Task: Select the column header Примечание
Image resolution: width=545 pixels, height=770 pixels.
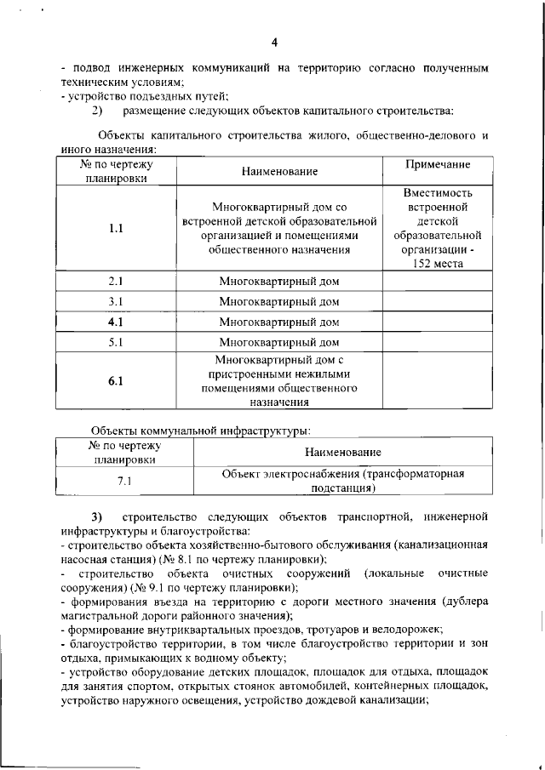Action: [438, 164]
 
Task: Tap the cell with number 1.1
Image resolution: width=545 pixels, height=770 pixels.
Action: [116, 228]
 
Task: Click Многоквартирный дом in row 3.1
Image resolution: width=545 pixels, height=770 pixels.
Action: [278, 301]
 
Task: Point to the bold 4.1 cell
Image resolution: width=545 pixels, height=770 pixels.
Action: [116, 322]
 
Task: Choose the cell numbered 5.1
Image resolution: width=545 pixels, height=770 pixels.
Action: [116, 343]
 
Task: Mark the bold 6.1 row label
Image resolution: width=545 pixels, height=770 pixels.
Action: [116, 381]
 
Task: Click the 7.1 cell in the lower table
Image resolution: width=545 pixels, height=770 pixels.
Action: [124, 482]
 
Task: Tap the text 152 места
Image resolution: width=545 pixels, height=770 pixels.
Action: [438, 264]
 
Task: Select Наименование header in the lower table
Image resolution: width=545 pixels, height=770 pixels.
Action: [342, 452]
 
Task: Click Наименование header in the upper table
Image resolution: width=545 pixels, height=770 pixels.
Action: [278, 172]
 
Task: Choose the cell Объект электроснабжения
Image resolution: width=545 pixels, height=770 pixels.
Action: [342, 482]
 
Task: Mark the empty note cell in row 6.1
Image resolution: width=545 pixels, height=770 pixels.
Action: [438, 381]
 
